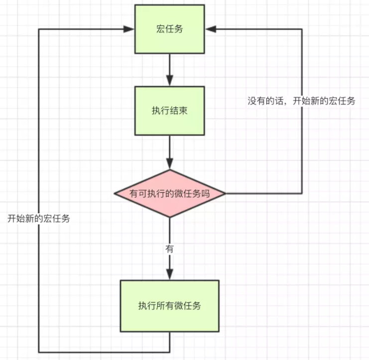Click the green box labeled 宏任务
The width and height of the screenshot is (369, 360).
pyautogui.click(x=169, y=29)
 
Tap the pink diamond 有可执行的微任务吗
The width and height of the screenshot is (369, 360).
pyautogui.click(x=169, y=194)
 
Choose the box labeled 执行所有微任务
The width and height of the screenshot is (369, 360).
pyautogui.click(x=169, y=306)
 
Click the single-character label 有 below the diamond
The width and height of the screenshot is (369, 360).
pyautogui.click(x=169, y=248)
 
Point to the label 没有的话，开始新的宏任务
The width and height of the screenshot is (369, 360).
pyautogui.click(x=301, y=101)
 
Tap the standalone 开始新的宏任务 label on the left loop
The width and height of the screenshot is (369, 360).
pyautogui.click(x=38, y=218)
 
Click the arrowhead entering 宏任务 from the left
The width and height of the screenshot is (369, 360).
pyautogui.click(x=130, y=29)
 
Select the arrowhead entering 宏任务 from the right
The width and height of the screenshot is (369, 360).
pyautogui.click(x=209, y=29)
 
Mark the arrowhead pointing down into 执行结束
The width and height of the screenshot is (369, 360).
pyautogui.click(x=169, y=80)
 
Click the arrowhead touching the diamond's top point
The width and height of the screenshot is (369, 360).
pyautogui.click(x=169, y=164)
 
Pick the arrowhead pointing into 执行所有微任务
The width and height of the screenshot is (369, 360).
pyautogui.click(x=169, y=274)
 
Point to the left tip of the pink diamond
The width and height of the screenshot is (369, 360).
pyautogui.click(x=115, y=194)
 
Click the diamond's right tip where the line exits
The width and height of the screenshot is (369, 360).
pyautogui.click(x=225, y=194)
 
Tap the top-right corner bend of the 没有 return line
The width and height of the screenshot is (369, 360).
pyautogui.click(x=301, y=29)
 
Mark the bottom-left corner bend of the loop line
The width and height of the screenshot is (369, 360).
pyautogui.click(x=38, y=351)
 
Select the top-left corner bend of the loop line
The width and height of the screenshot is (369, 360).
pyautogui.click(x=38, y=29)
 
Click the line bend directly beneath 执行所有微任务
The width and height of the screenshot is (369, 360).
pyautogui.click(x=169, y=351)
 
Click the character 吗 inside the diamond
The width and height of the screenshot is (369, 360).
pyautogui.click(x=206, y=194)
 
